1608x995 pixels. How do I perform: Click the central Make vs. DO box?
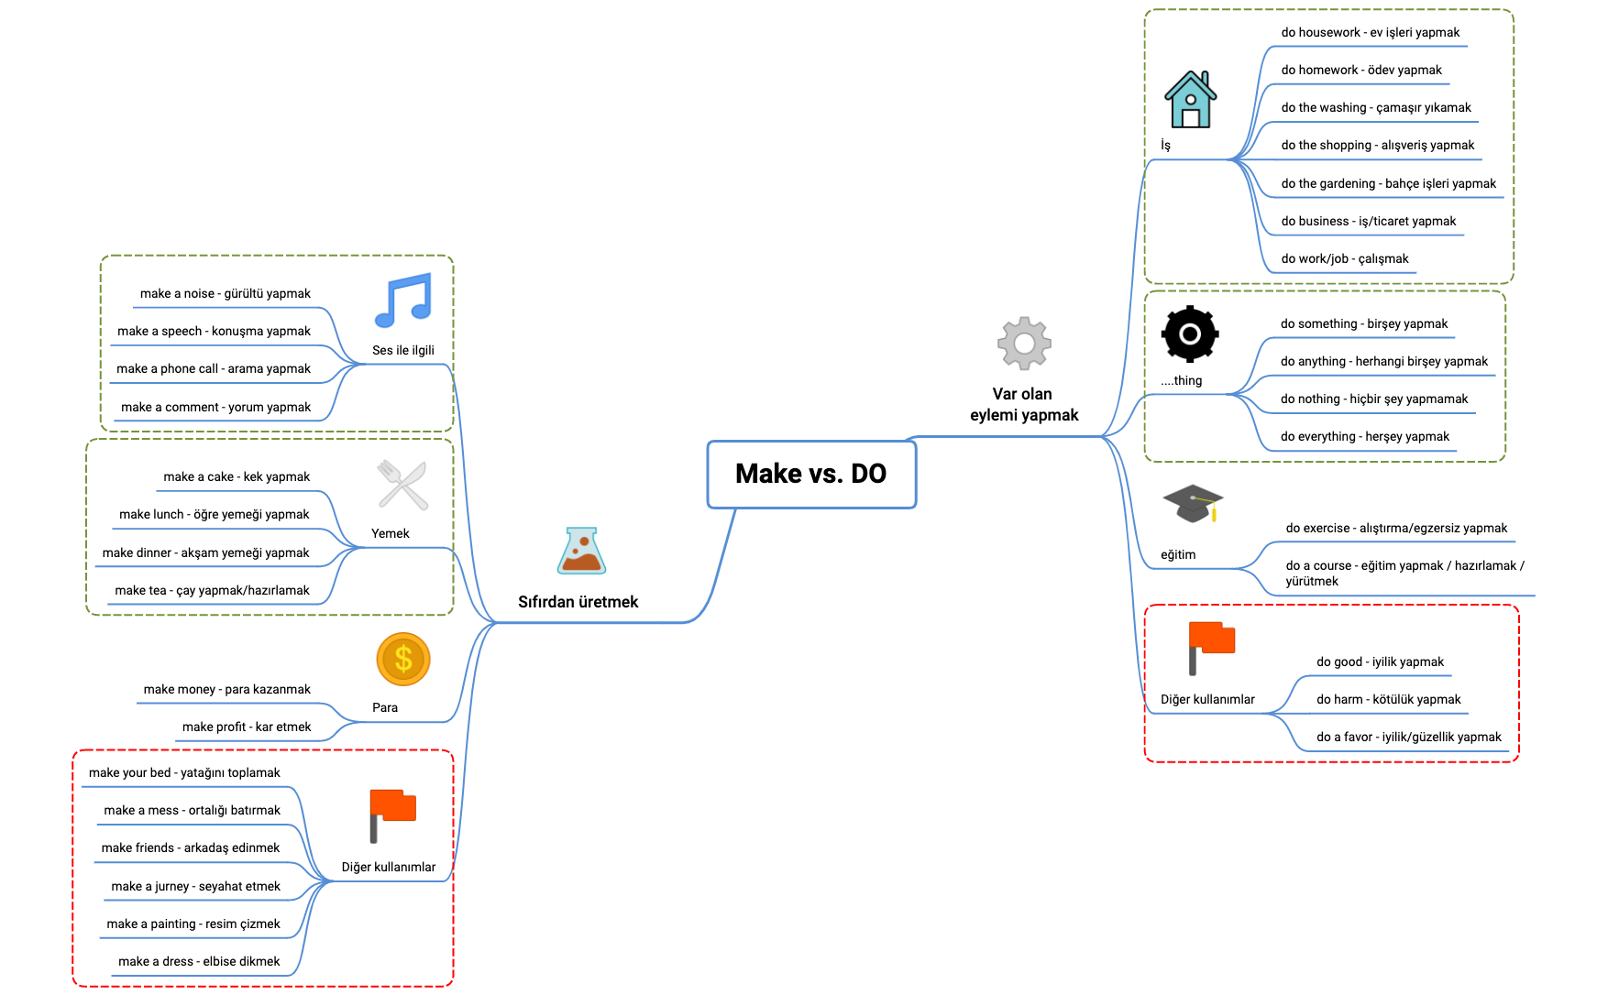811,474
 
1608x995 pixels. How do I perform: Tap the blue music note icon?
402,301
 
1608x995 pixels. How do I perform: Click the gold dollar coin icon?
403,659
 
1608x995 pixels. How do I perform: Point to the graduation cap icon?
1193,504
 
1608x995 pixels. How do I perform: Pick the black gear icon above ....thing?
1190,333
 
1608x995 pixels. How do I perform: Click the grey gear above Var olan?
1024,344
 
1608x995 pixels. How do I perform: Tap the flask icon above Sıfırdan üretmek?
581,551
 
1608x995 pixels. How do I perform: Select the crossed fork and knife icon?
402,485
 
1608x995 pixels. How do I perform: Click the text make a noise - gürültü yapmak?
225,294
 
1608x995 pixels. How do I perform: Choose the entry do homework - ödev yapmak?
1360,70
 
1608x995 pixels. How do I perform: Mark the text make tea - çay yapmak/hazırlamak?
212,590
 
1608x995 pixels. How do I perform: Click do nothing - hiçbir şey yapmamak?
1373,399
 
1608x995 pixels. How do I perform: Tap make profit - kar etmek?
246,727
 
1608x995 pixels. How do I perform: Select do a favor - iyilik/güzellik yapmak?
1408,737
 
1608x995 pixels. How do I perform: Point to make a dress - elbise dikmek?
199,961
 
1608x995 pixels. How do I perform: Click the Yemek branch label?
390,533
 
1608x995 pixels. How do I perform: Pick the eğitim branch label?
1177,554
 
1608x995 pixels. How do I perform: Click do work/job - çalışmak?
1344,258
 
